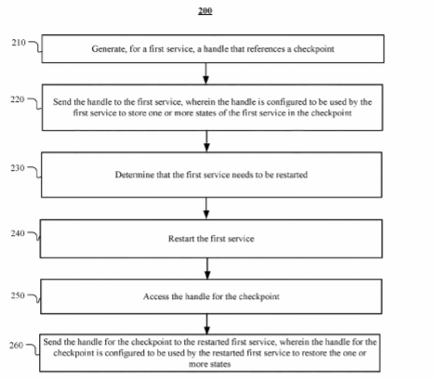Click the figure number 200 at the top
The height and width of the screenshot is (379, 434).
coord(205,11)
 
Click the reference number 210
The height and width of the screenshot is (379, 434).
coord(19,43)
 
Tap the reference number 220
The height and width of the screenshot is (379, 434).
coord(18,99)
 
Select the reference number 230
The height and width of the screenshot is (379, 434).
coord(18,168)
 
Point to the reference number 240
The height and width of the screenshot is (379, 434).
coord(18,233)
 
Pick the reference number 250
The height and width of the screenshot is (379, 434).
coord(18,295)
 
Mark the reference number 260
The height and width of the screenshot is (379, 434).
coord(16,345)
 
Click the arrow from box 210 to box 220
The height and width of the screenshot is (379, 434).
coord(205,73)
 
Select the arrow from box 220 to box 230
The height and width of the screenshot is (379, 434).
coord(206,141)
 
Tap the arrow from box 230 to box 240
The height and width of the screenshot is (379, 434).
coord(206,208)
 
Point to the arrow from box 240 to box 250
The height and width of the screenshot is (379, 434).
coord(207,268)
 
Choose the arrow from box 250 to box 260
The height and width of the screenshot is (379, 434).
coord(207,324)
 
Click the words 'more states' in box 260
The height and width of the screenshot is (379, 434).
coord(210,364)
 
